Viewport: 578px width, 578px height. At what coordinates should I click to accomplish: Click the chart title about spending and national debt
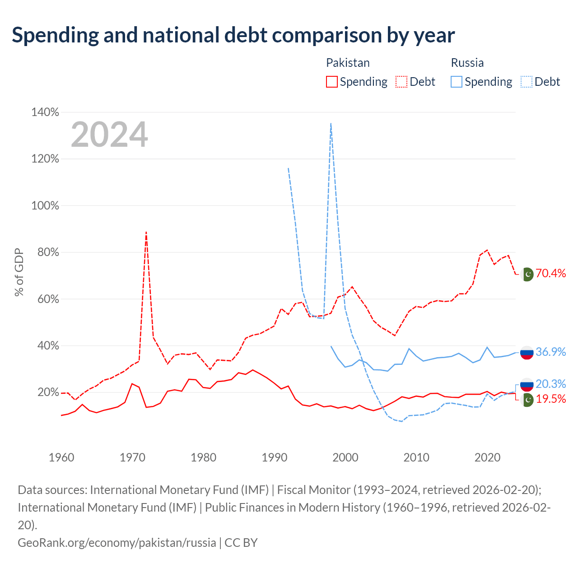(x=233, y=35)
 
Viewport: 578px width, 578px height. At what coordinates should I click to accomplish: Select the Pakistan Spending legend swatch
(x=331, y=82)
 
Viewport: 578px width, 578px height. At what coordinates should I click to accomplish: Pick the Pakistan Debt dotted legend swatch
(x=401, y=82)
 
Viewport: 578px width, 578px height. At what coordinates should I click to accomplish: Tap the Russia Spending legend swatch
(x=456, y=82)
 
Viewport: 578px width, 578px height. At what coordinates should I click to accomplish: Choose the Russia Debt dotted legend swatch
(x=526, y=82)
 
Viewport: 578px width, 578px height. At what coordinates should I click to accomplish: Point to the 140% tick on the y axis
(x=45, y=112)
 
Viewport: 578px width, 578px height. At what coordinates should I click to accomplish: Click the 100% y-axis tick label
(x=45, y=206)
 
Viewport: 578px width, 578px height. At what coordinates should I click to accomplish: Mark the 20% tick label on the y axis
(x=48, y=392)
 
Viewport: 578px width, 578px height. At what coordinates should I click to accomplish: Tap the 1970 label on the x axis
(x=132, y=457)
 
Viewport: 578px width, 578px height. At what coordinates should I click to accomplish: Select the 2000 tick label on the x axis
(x=345, y=457)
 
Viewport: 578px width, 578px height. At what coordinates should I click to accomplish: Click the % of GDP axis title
(x=19, y=272)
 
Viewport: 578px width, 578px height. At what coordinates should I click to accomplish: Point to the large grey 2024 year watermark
(x=109, y=134)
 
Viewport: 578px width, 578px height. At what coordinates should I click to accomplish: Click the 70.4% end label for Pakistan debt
(x=551, y=273)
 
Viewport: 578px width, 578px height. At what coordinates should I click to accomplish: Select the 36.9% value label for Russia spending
(x=551, y=351)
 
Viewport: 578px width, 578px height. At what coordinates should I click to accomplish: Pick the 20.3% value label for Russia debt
(x=551, y=384)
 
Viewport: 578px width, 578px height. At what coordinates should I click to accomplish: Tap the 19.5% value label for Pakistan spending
(x=551, y=399)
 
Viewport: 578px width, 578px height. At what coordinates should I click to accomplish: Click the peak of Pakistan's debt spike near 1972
(x=146, y=232)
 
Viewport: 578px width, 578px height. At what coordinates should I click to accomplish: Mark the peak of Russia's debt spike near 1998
(x=331, y=123)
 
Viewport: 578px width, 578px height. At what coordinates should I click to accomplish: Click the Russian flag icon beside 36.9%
(x=527, y=352)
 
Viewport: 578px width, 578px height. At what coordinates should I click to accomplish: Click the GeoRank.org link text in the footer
(x=117, y=543)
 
